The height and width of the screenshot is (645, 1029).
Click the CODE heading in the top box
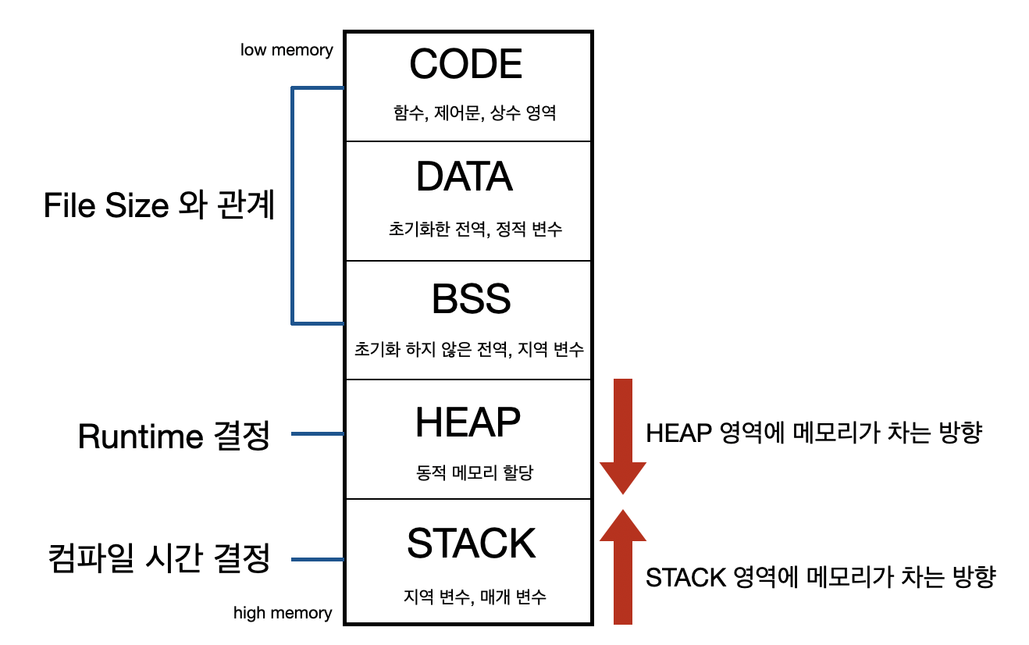point(466,64)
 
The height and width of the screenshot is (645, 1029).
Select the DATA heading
point(465,177)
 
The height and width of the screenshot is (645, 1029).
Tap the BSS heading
point(472,299)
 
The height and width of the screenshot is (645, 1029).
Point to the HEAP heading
point(468,422)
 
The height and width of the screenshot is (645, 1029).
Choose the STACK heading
point(472,543)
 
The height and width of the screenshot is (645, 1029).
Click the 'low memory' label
point(287,50)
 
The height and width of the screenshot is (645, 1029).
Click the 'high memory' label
point(283,613)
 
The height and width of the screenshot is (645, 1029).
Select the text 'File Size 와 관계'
point(159,205)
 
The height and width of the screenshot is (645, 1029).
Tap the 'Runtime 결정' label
point(173,437)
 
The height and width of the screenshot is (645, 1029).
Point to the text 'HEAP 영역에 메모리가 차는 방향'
point(813,433)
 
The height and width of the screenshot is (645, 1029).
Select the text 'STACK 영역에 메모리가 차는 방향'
point(821,578)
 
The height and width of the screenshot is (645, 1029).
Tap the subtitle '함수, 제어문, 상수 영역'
point(475,113)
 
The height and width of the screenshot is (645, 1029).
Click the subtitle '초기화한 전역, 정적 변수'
point(475,230)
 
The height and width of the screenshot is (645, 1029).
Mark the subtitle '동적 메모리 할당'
point(475,472)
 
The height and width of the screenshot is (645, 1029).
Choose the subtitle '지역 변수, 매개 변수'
point(475,597)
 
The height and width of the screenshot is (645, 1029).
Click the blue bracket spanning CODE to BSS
point(293,205)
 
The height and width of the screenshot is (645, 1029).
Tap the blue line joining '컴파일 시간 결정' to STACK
point(317,559)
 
